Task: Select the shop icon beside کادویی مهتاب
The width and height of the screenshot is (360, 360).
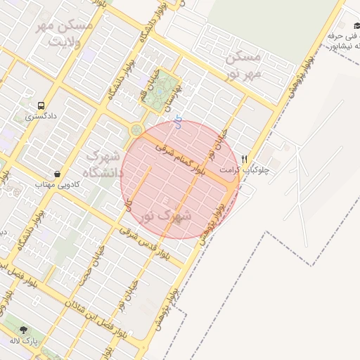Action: pos(57,173)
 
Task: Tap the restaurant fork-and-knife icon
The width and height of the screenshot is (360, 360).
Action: pos(245,160)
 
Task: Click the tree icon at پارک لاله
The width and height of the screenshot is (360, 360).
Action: pos(24,329)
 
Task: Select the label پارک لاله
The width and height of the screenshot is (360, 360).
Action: pos(24,340)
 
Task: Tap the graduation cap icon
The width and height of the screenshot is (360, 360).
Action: pos(356,26)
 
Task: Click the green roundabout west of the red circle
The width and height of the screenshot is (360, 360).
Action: pos(134,129)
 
